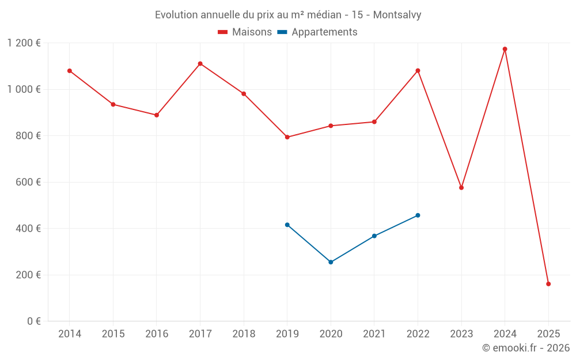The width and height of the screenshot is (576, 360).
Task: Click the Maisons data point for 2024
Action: (x=505, y=49)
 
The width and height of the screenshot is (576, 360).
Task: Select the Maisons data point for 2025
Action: (x=548, y=284)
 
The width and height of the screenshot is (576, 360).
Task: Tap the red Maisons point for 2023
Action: (x=461, y=188)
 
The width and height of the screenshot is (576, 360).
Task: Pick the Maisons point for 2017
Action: (x=200, y=63)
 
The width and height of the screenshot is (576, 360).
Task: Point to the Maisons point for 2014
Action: (x=70, y=71)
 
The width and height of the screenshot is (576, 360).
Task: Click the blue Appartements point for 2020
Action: (x=331, y=262)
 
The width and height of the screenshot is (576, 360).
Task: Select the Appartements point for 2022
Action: (x=418, y=215)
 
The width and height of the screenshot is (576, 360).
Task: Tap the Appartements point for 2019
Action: (x=287, y=225)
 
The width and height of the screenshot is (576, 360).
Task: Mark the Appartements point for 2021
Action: (x=374, y=236)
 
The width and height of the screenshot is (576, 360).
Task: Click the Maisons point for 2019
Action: (x=287, y=137)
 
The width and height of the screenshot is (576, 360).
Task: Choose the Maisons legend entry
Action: (x=245, y=32)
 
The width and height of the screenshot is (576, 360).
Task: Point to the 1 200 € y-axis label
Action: (x=24, y=43)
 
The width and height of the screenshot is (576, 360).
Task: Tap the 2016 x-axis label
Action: (x=157, y=334)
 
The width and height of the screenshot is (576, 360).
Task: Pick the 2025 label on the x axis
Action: (x=548, y=334)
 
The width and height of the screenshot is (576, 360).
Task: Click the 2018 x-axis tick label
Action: (x=244, y=334)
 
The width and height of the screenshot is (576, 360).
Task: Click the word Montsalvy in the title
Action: (x=397, y=14)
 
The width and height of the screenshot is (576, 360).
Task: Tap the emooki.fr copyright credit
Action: (x=526, y=348)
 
